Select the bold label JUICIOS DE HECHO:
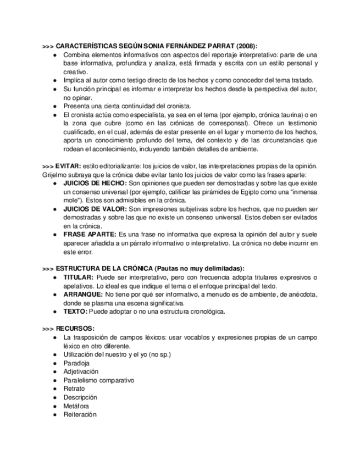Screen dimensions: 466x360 coord(95,183)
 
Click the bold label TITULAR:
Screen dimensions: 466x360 coord(79,278)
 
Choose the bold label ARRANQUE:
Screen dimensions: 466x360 coord(82,295)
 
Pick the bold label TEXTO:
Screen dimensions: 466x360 coord(75,312)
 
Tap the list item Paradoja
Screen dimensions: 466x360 coord(76,363)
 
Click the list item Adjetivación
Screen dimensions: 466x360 coord(81,372)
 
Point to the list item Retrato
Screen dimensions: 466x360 coord(74,389)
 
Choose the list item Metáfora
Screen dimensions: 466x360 coord(77,406)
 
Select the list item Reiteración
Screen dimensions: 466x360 coord(80,414)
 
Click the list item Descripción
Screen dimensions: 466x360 coord(80,397)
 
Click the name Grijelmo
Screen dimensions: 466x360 coord(55,175)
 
